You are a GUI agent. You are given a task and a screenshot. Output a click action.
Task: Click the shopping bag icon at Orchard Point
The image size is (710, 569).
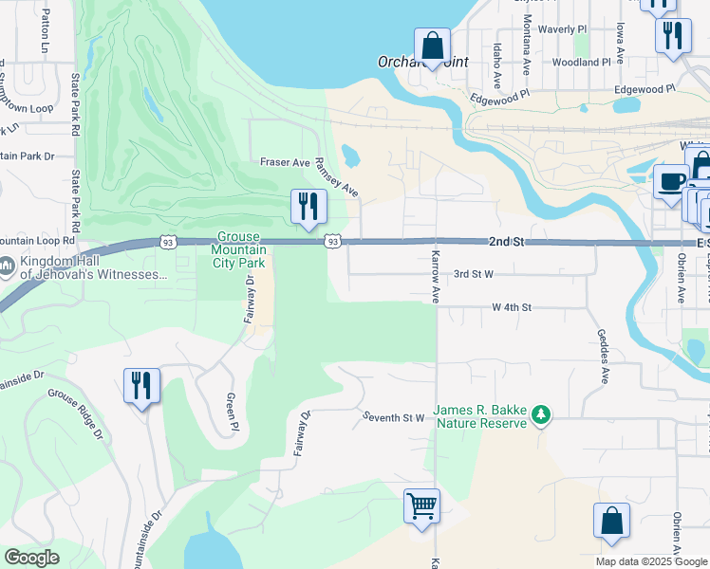click(432, 46)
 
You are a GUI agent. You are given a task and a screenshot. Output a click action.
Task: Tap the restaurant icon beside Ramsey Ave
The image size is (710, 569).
click(308, 206)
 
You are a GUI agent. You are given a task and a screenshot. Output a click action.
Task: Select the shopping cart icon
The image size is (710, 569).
click(421, 504)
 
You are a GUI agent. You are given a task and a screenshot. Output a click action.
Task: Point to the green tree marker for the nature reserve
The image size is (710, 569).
click(541, 413)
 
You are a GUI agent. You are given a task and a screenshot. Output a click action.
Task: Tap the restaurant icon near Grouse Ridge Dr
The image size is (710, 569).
click(141, 385)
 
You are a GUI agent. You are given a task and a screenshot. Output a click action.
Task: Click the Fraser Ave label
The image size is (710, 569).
click(286, 162)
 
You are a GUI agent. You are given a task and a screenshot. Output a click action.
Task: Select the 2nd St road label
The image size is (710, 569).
click(507, 243)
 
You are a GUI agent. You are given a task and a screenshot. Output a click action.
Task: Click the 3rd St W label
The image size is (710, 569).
click(474, 274)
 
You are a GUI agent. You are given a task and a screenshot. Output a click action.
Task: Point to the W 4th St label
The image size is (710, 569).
click(512, 307)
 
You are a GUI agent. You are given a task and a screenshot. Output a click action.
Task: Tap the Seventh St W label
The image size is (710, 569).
click(393, 417)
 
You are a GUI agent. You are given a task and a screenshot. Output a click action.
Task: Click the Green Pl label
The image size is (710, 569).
click(231, 413)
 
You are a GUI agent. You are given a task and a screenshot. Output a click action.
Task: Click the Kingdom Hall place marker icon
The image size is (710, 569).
click(7, 266)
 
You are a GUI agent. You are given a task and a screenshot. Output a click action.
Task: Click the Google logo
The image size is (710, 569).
click(32, 558)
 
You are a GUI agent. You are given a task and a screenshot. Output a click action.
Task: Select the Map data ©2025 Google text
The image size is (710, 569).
click(650, 561)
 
